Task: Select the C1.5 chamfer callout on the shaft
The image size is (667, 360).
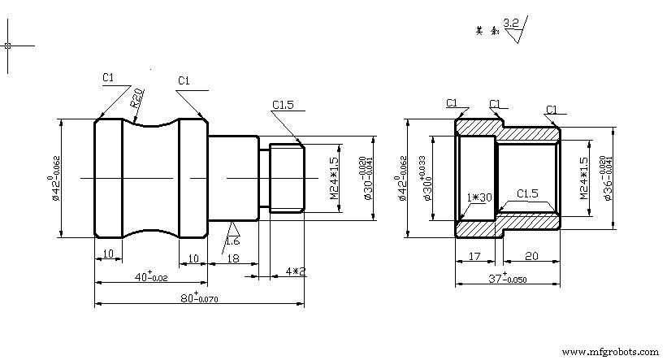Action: coord(283,104)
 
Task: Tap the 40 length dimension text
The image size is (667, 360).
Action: coord(150,278)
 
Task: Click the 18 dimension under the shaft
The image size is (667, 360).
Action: coord(232,258)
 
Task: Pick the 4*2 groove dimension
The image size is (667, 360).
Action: coord(296,271)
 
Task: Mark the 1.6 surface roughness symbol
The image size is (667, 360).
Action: coord(232,236)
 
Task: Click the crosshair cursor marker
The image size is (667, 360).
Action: coord(8,46)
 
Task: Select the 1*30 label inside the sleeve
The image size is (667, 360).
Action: coord(479,197)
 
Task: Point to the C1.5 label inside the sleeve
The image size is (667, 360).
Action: coord(528,193)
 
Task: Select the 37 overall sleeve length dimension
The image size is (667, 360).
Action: coord(505,278)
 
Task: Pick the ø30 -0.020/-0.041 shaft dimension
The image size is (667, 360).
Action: coord(368,178)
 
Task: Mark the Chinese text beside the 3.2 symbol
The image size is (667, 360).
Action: coord(486,31)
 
